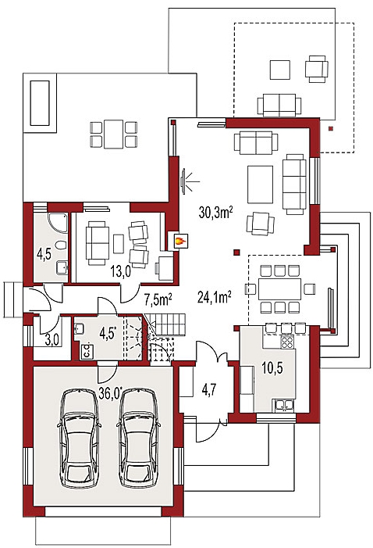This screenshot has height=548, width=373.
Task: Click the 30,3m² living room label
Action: tap(215, 212)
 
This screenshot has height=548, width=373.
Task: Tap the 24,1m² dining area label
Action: tap(215, 297)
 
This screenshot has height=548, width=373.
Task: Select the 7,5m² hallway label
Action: tap(158, 299)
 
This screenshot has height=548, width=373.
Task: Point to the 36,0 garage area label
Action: tap(111, 393)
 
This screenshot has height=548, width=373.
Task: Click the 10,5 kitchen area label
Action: tap(272, 368)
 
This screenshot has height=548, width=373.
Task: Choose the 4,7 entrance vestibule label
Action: tap(209, 389)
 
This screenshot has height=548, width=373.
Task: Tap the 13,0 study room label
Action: tap(121, 271)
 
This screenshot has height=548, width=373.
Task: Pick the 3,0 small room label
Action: tap(52, 341)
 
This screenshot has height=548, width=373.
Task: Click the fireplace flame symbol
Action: tap(179, 241)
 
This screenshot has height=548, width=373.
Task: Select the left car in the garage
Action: tap(80, 438)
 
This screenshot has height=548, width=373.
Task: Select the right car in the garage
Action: tap(139, 438)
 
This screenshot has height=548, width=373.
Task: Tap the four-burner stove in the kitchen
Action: tap(287, 342)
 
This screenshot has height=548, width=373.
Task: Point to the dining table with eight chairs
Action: tap(279, 288)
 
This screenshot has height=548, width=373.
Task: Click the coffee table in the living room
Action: tap(261, 184)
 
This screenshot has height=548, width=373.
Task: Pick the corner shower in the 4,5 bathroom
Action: tap(57, 222)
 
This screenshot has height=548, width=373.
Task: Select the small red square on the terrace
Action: tap(330, 128)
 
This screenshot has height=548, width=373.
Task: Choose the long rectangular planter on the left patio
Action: tap(40, 102)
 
